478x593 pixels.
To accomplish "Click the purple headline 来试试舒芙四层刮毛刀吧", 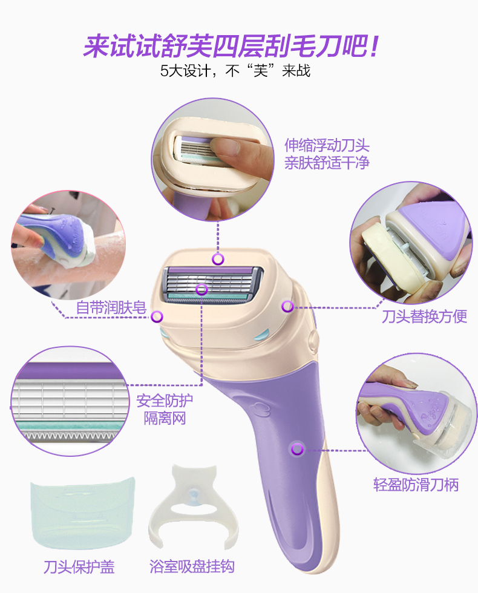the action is click(231, 47).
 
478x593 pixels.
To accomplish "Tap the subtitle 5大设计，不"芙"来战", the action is click(235, 71).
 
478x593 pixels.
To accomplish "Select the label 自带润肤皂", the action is click(111, 307).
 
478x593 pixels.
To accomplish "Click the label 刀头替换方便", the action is click(424, 316).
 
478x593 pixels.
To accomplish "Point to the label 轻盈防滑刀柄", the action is click(416, 485).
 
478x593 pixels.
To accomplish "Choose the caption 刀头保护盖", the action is click(79, 566).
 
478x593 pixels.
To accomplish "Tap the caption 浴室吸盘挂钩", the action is click(192, 566).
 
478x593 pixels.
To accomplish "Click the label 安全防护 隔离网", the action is click(165, 409).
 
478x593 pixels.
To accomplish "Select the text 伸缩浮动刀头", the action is click(327, 145).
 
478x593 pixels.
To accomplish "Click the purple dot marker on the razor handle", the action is click(298, 449).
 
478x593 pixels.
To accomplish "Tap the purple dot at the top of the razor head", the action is click(218, 259).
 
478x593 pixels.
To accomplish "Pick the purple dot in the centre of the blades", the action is click(201, 290).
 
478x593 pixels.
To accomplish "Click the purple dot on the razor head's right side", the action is click(287, 306).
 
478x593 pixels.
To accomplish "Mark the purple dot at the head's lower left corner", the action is click(157, 316).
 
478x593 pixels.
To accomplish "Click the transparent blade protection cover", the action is click(82, 513).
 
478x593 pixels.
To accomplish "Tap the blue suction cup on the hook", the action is click(194, 494).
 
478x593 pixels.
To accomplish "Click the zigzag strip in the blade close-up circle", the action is click(69, 436).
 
